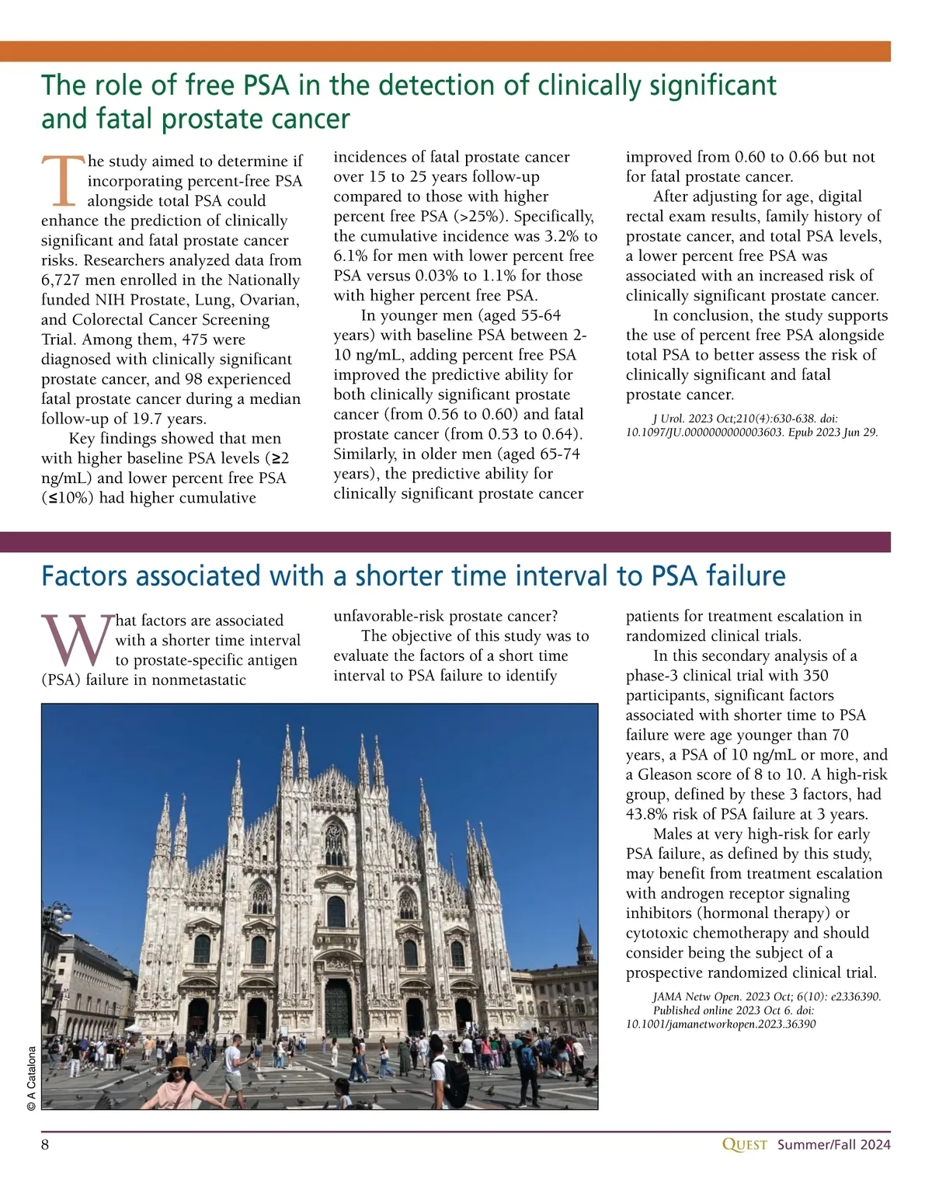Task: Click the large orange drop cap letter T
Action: [x=62, y=180]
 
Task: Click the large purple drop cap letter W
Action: [x=76, y=640]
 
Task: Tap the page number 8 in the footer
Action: [x=45, y=1145]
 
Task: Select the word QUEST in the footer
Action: [x=744, y=1145]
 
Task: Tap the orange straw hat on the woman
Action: [x=179, y=1062]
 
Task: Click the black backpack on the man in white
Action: [x=454, y=1080]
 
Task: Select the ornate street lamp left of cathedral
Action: [x=59, y=916]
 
